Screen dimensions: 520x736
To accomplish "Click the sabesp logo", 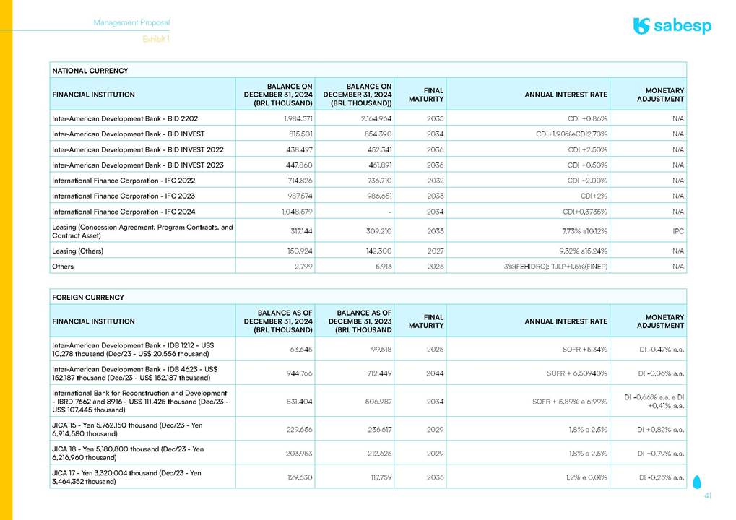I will coord(672,26).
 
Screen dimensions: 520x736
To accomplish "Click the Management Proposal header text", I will coord(131,23).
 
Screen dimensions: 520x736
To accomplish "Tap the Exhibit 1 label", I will coord(156,39).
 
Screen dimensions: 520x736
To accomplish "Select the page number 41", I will coord(708,496).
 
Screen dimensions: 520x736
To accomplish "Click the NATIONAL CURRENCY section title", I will coord(90,71).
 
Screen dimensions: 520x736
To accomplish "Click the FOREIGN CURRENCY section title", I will coord(87,298).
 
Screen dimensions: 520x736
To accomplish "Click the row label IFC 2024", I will coord(124,212).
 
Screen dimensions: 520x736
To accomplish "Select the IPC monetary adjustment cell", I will coord(677,232).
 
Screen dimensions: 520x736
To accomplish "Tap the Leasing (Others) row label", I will coord(77,251).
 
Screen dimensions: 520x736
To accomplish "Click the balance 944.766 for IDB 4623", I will coord(297,373).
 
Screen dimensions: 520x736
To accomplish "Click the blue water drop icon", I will coord(696,481).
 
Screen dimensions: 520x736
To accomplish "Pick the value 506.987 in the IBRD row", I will coord(376,401).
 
